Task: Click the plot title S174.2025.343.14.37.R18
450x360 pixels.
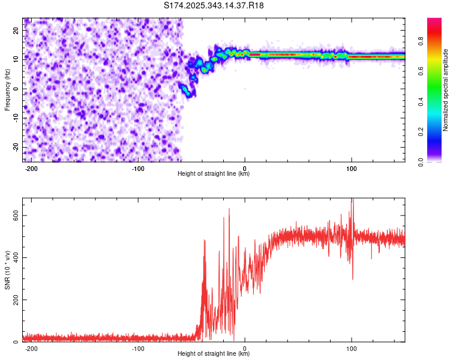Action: pyautogui.click(x=214, y=6)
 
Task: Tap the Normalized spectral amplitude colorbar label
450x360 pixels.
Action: pyautogui.click(x=446, y=90)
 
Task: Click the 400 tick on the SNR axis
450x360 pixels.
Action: pyautogui.click(x=14, y=257)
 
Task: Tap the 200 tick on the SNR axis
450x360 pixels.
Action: pyautogui.click(x=14, y=299)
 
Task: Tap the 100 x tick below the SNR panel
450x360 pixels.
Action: pyautogui.click(x=351, y=348)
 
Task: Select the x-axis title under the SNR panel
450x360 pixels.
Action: pyautogui.click(x=214, y=354)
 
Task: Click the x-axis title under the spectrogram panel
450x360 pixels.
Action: pyautogui.click(x=214, y=174)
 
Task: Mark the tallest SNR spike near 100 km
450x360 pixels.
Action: pyautogui.click(x=352, y=200)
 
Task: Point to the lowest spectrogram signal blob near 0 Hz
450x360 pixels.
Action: pyautogui.click(x=185, y=91)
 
